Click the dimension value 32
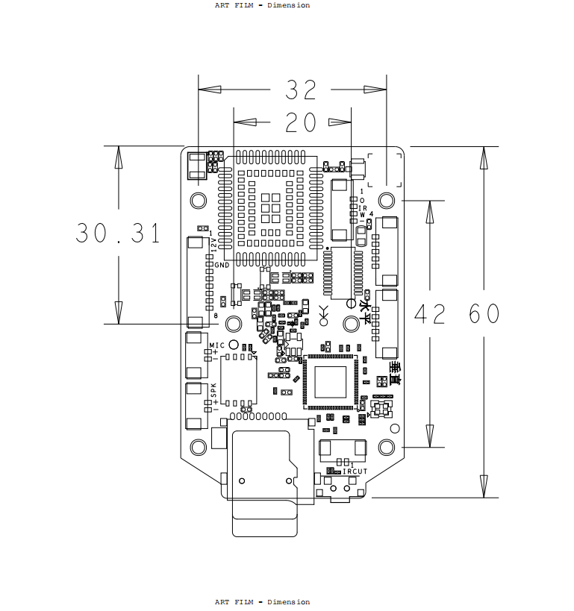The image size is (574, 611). (302, 90)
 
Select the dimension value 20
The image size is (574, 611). (302, 122)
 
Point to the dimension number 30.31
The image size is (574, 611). (118, 234)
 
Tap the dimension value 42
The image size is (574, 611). (429, 314)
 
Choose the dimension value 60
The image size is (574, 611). (484, 314)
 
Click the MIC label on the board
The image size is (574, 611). (216, 345)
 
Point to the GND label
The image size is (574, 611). (222, 265)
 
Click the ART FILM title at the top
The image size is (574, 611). (262, 5)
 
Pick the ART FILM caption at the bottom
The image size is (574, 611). (262, 602)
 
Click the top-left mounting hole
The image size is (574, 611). (199, 200)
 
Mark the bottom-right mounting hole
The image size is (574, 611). (387, 447)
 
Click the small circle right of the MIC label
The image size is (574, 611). (234, 345)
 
